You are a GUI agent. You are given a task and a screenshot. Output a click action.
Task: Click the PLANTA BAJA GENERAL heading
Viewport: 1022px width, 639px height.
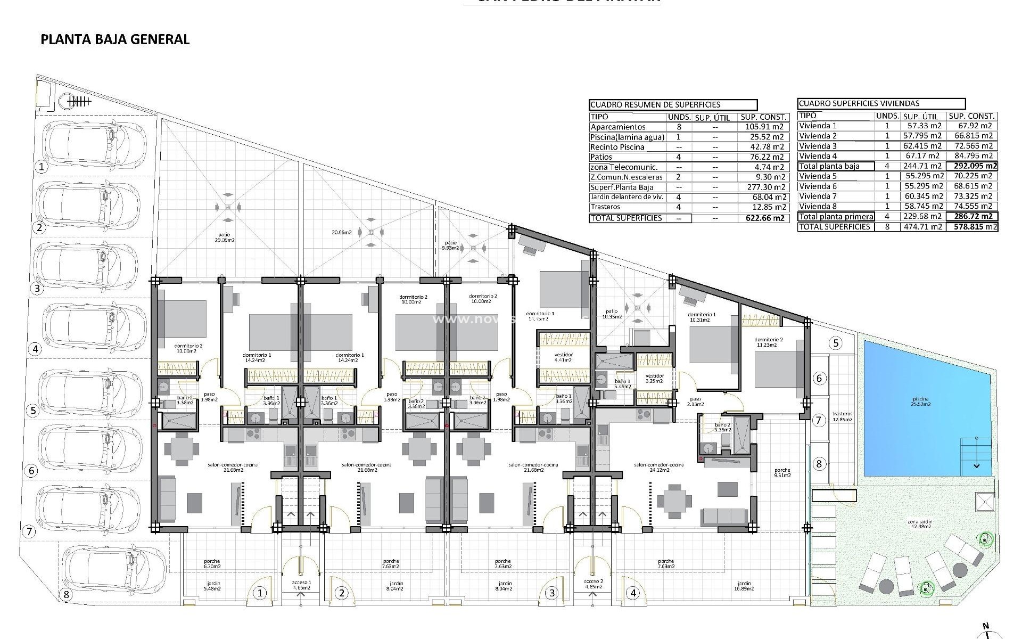(115, 39)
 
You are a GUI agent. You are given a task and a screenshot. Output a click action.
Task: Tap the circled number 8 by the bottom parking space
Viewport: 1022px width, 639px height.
(67, 594)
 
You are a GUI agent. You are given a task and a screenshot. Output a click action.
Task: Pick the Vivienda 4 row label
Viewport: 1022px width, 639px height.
(818, 156)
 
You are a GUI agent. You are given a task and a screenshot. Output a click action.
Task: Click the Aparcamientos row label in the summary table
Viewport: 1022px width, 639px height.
(617, 127)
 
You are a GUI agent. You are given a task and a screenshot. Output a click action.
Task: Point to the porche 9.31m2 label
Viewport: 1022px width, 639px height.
(782, 473)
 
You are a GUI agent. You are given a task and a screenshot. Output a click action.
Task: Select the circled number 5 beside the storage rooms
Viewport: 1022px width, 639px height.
(836, 343)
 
